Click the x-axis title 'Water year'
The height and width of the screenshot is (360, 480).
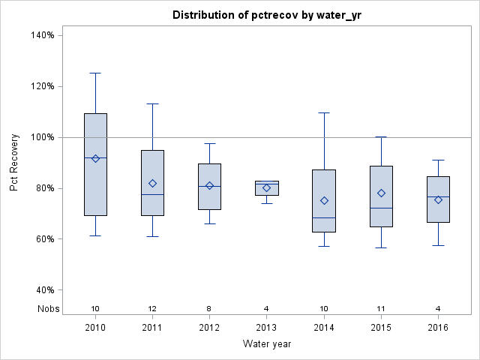coord(266,343)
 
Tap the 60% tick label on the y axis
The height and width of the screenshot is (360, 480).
coord(41,239)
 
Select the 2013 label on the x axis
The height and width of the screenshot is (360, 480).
coord(266,327)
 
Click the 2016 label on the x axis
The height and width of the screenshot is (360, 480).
coord(438,327)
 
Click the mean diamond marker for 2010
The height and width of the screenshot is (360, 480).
coord(95,158)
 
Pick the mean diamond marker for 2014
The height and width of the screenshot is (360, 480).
coord(324,200)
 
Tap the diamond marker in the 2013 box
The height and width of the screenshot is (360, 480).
coord(266,187)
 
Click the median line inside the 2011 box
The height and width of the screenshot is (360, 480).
coord(152,194)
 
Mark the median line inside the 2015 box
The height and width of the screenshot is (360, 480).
coord(381,208)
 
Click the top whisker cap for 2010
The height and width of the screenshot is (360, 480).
coord(95,73)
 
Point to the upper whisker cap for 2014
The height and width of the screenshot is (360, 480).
coord(324,112)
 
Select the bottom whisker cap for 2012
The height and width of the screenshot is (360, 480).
coord(209,223)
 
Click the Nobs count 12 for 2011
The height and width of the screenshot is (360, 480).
coord(152,308)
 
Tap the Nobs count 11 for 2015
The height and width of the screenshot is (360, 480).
coord(381,308)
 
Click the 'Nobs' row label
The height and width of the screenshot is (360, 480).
coord(46,308)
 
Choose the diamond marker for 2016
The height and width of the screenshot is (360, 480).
coord(438,199)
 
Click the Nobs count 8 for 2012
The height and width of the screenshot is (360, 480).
coord(209,308)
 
